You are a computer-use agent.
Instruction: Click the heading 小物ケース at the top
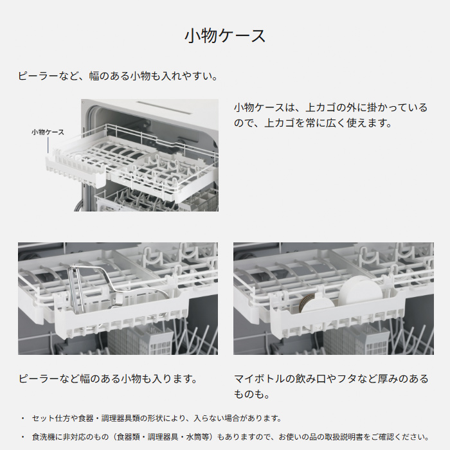click(x=225, y=35)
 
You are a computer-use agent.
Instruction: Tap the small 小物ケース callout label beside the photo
click(x=48, y=132)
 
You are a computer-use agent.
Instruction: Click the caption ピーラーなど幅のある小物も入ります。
click(x=107, y=378)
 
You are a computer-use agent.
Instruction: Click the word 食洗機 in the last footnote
click(x=42, y=437)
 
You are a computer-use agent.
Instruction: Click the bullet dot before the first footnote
click(x=22, y=418)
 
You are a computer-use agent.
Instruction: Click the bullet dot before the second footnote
click(x=22, y=437)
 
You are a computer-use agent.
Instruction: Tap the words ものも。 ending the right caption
click(x=251, y=393)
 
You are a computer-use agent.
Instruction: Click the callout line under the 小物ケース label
click(x=48, y=145)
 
